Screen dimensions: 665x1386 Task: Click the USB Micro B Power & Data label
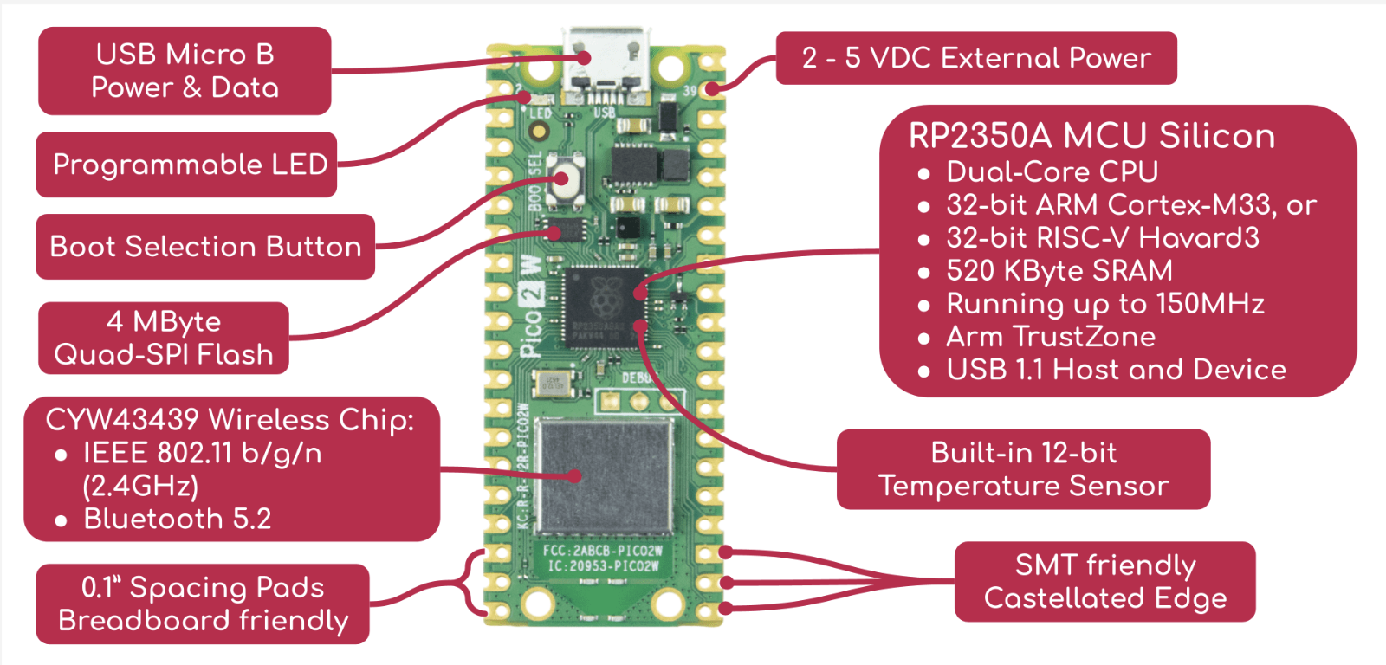[x=185, y=71]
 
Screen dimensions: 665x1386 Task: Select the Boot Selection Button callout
[x=205, y=247]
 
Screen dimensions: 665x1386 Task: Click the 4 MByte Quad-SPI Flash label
[x=164, y=338]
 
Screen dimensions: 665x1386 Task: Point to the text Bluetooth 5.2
[x=177, y=519]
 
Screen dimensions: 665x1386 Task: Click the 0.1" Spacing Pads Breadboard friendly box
[x=203, y=604]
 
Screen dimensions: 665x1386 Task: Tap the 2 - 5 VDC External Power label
[x=976, y=58]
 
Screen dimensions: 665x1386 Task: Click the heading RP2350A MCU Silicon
[x=1091, y=136]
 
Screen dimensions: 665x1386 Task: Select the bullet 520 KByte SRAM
[x=1059, y=271]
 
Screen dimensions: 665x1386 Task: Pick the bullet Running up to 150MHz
[x=1104, y=304]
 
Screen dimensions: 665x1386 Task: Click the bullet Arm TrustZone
[x=1050, y=337]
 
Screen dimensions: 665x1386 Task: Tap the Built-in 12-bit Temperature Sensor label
[x=1023, y=469]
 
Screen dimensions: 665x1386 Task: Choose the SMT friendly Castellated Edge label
[x=1104, y=582]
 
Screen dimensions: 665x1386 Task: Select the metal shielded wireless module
[x=605, y=476]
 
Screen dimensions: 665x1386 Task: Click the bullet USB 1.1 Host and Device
[x=1116, y=370]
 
